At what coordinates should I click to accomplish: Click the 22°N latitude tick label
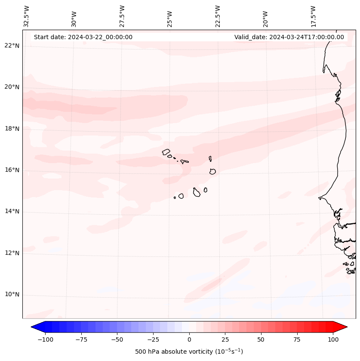pyautogui.click(x=11, y=46)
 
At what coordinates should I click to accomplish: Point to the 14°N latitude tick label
pyautogui.click(x=11, y=212)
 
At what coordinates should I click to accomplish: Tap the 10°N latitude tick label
pyautogui.click(x=11, y=295)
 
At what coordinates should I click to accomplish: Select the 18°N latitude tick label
pyautogui.click(x=11, y=129)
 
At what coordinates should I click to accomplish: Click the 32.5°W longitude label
pyautogui.click(x=27, y=16)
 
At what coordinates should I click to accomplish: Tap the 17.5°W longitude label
pyautogui.click(x=313, y=16)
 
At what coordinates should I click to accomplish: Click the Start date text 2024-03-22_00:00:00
pyautogui.click(x=83, y=37)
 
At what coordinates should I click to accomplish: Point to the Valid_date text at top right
pyautogui.click(x=289, y=37)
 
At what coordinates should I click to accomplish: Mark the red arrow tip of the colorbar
pyautogui.click(x=346, y=327)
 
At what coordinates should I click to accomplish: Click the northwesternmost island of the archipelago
pyautogui.click(x=166, y=151)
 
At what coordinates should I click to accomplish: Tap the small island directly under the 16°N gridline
pyautogui.click(x=212, y=171)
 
